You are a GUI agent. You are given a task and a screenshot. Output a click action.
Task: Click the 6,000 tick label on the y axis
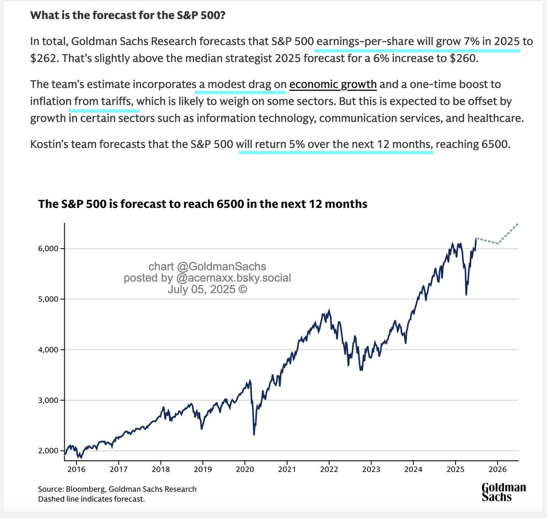click(48, 249)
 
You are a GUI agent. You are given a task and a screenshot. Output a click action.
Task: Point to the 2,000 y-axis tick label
click(48, 451)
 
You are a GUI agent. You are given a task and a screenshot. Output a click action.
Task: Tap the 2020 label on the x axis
click(245, 469)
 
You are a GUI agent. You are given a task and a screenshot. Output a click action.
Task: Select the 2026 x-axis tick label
click(498, 469)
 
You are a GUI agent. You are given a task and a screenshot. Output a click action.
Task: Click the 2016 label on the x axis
click(77, 469)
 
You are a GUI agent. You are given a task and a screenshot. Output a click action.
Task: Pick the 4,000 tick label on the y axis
click(48, 350)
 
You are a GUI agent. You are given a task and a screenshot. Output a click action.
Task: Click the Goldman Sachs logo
click(504, 492)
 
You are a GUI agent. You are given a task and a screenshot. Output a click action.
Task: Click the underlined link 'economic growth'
click(333, 84)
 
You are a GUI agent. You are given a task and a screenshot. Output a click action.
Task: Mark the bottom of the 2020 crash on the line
click(254, 434)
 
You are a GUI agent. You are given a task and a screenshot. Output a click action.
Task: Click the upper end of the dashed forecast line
click(518, 223)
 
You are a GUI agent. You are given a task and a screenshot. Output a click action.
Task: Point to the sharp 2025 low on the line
click(466, 295)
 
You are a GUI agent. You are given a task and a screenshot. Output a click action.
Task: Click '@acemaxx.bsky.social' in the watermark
click(233, 278)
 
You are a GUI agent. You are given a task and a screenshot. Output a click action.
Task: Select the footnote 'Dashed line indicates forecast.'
click(92, 499)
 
